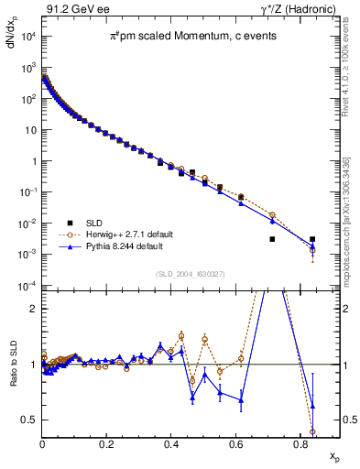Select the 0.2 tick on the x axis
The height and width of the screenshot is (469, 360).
(107, 442)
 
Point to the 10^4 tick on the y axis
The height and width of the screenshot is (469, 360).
(27, 37)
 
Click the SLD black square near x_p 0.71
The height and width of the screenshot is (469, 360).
(272, 239)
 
